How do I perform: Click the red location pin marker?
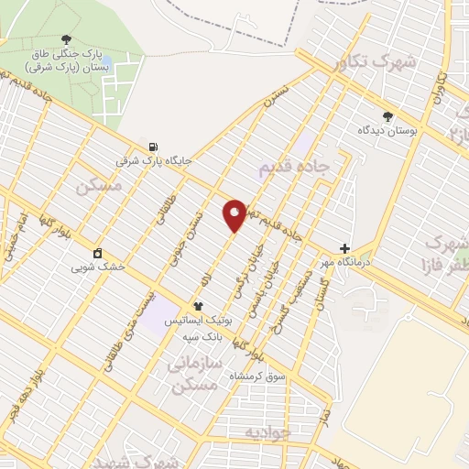click(234, 214)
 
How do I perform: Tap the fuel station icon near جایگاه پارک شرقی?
click(152, 147)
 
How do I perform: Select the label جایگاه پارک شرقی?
click(153, 160)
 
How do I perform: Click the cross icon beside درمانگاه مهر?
click(344, 248)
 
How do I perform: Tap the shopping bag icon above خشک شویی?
click(98, 254)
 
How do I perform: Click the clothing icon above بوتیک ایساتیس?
click(197, 306)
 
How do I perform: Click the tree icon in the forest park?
click(66, 38)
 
